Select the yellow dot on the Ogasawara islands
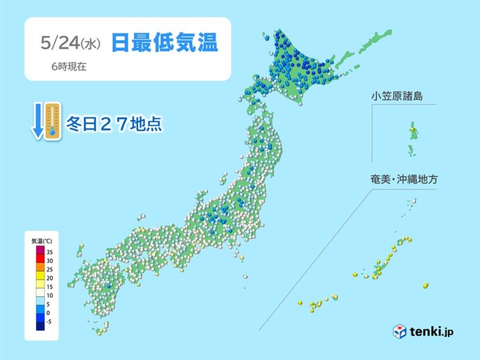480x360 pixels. click(x=413, y=129)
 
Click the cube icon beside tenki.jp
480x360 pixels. click(x=400, y=331)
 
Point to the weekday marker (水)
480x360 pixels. click(x=92, y=44)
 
